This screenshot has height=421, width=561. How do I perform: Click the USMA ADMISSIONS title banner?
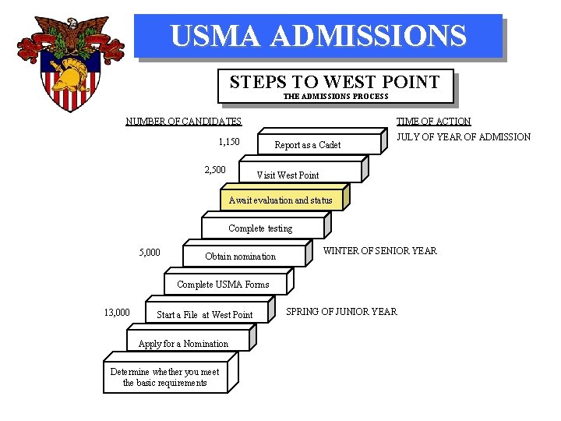318,36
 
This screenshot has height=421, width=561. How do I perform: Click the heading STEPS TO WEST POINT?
335,82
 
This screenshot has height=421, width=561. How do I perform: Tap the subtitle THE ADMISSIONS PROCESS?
336,97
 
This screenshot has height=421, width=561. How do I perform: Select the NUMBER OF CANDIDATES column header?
184,122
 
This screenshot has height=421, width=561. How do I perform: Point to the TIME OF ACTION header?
433,122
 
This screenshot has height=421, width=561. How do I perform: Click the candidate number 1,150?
229,142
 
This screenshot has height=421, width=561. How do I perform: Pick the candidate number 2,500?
215,170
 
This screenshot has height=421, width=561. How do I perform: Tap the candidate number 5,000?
150,253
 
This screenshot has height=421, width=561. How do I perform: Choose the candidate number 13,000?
117,313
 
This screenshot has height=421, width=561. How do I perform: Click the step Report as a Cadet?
308,145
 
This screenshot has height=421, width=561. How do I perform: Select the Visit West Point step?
288,175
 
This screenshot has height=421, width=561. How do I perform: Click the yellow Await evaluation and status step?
280,200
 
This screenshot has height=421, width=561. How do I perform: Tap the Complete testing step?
260,228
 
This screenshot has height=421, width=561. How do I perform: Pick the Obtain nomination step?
240,256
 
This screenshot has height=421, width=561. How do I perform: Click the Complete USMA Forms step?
223,285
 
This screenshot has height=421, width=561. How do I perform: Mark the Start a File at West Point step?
205,315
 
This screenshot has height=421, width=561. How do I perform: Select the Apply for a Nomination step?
183,344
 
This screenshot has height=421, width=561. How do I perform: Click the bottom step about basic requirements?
164,377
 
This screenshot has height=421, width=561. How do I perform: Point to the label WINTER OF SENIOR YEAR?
380,251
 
